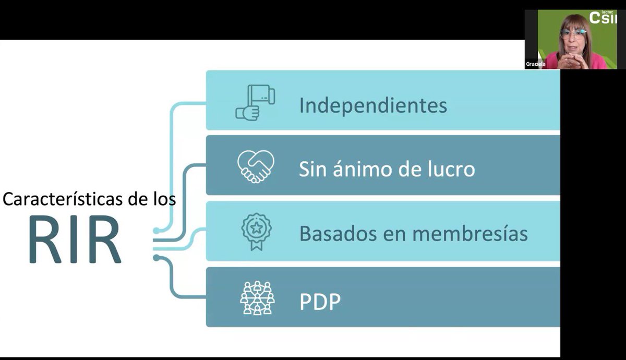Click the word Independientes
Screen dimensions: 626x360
coord(373,106)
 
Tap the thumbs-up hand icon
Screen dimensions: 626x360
coord(255,103)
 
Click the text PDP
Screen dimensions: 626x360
coord(320,302)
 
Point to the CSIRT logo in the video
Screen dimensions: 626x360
coord(603,17)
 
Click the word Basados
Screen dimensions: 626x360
coord(336,234)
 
